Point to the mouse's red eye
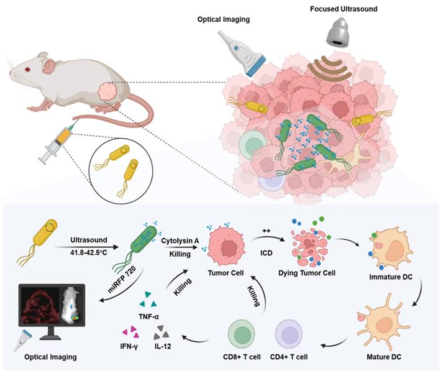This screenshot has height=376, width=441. (26, 69)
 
